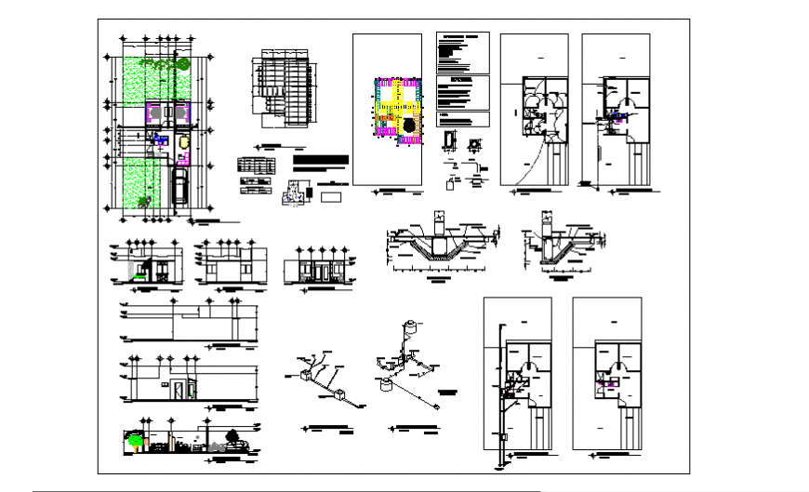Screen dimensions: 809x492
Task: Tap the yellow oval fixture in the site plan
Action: [x=182, y=144]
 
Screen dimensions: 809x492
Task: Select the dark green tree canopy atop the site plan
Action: [x=182, y=63]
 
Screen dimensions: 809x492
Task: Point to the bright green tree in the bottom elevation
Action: [x=137, y=442]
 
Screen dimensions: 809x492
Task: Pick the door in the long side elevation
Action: [x=177, y=389]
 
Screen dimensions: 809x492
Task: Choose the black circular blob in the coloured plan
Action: [x=406, y=124]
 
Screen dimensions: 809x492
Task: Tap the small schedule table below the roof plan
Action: [x=258, y=165]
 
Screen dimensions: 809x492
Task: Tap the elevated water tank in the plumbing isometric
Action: [x=409, y=330]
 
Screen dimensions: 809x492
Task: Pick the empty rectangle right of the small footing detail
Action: [x=329, y=197]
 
